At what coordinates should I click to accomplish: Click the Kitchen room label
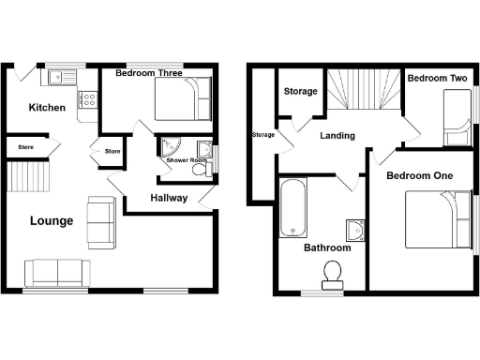(47, 108)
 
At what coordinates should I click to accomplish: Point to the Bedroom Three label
(148, 72)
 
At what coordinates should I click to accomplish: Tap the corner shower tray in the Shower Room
(170, 146)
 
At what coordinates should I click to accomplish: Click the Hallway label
(169, 199)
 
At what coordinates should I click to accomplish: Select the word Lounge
(52, 221)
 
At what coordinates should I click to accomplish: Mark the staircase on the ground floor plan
(27, 175)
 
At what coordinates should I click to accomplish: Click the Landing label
(337, 136)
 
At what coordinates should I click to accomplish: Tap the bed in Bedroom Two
(457, 122)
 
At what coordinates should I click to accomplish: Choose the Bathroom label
(326, 248)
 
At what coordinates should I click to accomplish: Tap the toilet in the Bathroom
(332, 274)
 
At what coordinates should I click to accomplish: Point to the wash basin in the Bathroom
(354, 230)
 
